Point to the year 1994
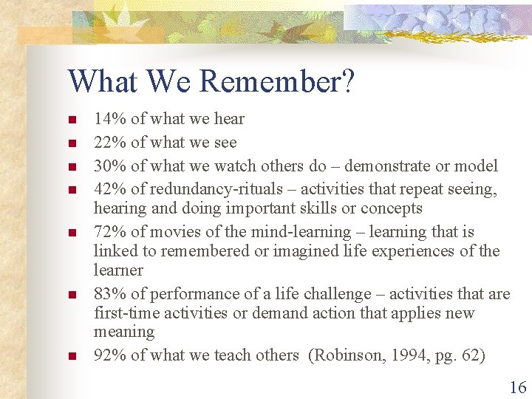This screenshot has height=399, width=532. click(x=402, y=355)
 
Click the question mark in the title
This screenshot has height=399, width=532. click(x=347, y=82)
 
